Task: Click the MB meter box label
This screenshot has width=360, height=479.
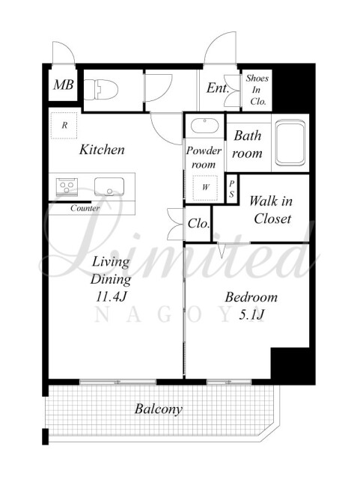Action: coord(64,85)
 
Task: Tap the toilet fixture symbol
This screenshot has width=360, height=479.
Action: coord(100,89)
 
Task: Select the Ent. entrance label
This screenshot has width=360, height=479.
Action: coord(218,88)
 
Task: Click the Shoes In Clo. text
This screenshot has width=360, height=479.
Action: coord(257,90)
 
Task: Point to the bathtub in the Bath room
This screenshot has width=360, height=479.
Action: coord(290,142)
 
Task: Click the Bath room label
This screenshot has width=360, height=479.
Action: coord(247,144)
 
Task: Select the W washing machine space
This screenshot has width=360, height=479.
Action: coord(205,188)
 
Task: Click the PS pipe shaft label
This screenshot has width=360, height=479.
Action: coord(232,189)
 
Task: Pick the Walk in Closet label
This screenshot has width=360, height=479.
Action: coord(271,210)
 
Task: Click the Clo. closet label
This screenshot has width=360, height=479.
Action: coord(198,224)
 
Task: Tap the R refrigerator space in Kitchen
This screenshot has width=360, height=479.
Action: coord(64,125)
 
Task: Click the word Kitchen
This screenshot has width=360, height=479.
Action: coord(102,150)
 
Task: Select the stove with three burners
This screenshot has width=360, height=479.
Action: coord(67,186)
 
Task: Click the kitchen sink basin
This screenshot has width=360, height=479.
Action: coord(109,186)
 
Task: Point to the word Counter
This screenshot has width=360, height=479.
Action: coord(85,208)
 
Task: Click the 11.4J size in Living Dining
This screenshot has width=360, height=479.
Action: coord(112,296)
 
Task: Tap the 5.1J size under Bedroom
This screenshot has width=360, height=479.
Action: coord(251,315)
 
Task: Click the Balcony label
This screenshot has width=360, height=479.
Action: coord(159,409)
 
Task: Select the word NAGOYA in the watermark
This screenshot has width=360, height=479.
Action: coord(175,315)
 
